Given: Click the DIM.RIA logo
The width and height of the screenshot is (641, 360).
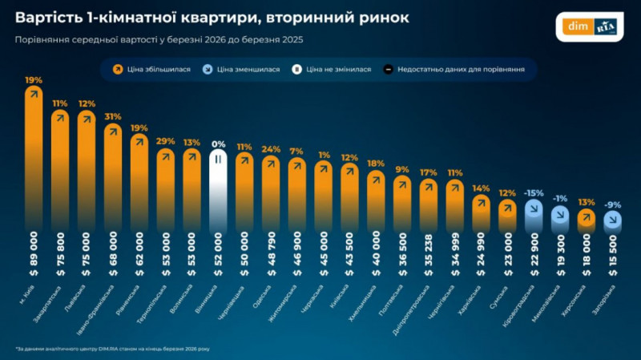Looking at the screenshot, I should [x=594, y=26].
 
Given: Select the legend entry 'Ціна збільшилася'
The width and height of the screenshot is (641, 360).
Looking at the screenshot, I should [x=152, y=70].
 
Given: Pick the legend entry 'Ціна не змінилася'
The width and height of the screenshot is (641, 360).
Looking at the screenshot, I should [x=337, y=70].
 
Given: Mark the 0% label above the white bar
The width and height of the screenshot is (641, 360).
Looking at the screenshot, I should [x=217, y=144].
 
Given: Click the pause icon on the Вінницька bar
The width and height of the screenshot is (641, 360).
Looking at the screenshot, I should [x=217, y=159].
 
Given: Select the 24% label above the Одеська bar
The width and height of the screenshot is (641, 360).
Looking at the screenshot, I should [x=270, y=149].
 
